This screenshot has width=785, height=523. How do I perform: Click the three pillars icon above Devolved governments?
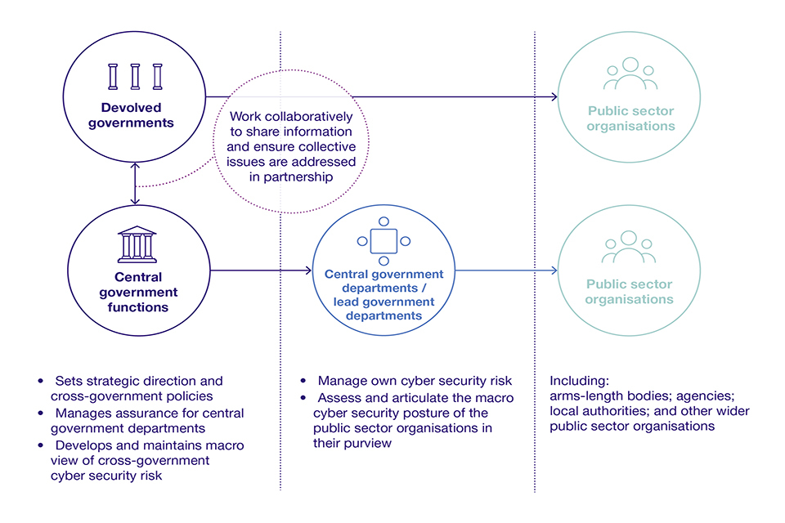click(x=136, y=76)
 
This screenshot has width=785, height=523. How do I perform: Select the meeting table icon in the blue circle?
click(x=384, y=241)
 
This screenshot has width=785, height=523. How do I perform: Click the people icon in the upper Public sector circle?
click(x=629, y=74)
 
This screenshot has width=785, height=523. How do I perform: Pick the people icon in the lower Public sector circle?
click(x=628, y=246)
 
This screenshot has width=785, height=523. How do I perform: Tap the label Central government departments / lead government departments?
click(x=384, y=294)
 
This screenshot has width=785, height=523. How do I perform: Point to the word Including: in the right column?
click(x=579, y=381)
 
